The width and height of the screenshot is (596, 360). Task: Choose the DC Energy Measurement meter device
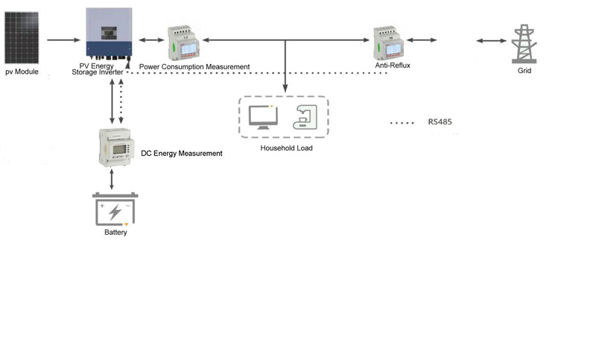point(118,147)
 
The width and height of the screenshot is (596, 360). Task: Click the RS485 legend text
point(440,122)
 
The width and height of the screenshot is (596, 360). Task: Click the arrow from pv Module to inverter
point(63,40)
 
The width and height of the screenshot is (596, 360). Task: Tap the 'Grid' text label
point(525,72)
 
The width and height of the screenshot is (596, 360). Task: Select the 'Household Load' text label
point(286,148)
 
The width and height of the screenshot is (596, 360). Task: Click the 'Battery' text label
point(115,233)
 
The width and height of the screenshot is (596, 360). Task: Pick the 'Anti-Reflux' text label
point(393,66)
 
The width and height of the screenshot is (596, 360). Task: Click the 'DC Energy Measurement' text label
point(182,154)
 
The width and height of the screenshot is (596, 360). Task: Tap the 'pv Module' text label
point(22,73)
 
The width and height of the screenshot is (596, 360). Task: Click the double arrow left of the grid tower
point(491,40)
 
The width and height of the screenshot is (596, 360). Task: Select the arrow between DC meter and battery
point(112,179)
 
